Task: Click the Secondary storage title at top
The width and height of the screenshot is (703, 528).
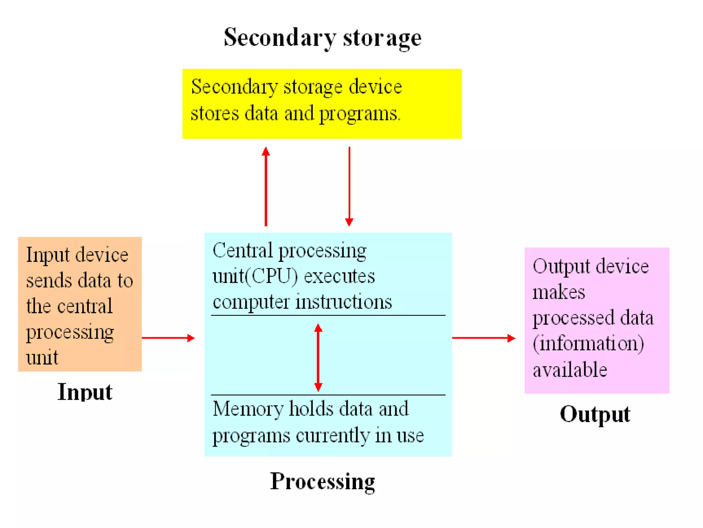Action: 322,37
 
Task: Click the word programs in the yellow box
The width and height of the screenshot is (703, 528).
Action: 359,114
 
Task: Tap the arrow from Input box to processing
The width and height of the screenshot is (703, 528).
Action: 168,338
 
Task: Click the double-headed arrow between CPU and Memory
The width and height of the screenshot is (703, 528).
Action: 318,357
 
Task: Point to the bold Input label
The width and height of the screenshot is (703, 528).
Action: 85,392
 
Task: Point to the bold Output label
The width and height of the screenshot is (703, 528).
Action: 595,414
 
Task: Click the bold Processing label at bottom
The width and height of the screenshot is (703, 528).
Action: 322,481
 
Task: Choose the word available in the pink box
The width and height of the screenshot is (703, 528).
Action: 570,370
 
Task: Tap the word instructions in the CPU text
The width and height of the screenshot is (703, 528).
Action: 344,302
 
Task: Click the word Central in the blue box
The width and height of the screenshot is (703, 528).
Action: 242,250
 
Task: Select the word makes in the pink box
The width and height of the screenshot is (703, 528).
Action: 558,292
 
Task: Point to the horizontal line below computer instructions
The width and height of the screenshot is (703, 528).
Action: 328,315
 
